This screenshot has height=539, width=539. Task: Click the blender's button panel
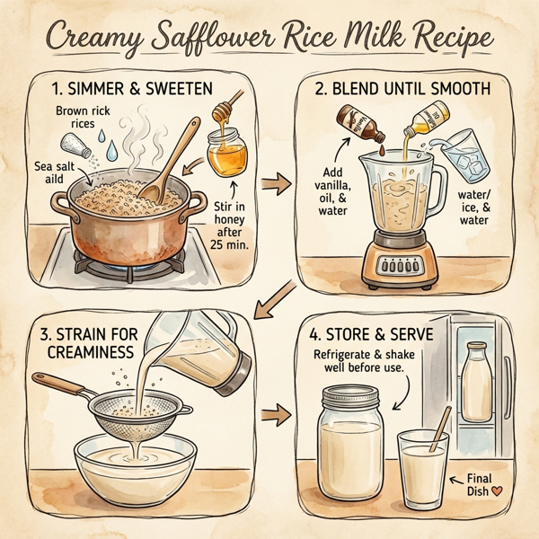[402, 266]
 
